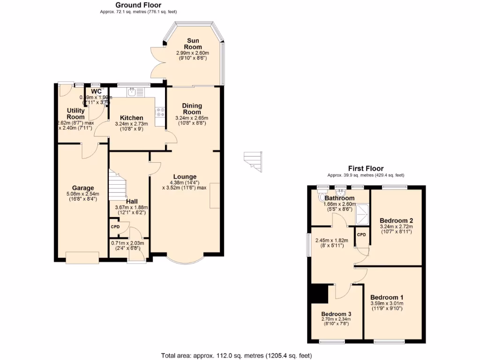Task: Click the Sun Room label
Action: (193, 44)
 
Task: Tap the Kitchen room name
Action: (131, 118)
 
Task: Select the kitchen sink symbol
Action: (133, 92)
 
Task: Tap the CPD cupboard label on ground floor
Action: (115, 227)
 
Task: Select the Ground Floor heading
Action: (138, 5)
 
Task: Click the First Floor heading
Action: (366, 169)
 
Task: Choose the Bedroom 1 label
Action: (387, 297)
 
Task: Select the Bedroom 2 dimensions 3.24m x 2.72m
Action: (396, 226)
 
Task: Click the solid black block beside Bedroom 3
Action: (320, 294)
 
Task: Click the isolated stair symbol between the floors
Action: (253, 161)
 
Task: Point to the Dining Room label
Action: (192, 109)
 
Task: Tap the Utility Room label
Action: (75, 114)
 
